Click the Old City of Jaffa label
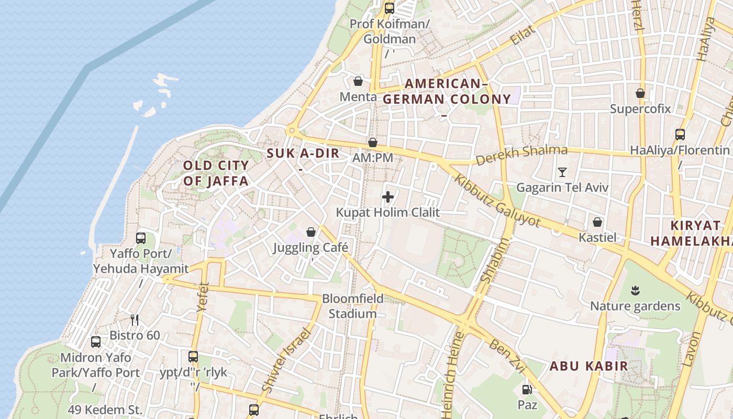point(215,173)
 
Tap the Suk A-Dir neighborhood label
point(303,153)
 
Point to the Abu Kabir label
point(588,366)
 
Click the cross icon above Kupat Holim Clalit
point(388,197)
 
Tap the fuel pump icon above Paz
point(527,389)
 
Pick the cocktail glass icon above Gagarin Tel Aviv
point(562,172)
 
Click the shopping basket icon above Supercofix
point(640,93)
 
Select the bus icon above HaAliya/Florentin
point(680,134)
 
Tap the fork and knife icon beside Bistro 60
point(135,319)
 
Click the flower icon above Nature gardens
point(635,290)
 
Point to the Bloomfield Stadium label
point(352,306)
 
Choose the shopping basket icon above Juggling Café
point(311,231)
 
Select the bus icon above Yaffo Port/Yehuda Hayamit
point(141,238)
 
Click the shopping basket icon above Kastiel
point(597,222)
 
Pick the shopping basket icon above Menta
point(358,81)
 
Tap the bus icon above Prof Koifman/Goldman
point(389,8)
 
